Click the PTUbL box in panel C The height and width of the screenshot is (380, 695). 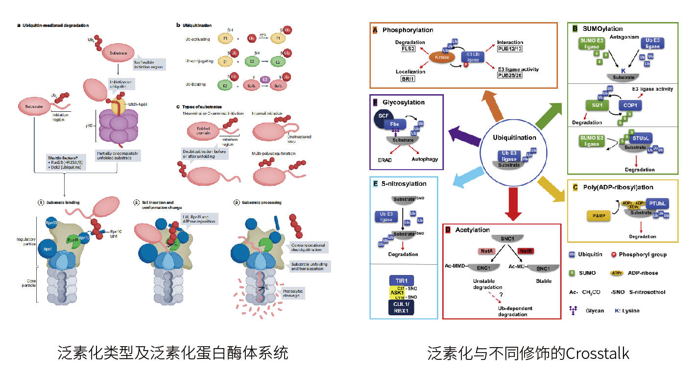pos(656,203)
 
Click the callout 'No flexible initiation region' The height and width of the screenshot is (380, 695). pos(149,63)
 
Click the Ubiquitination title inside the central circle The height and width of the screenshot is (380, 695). pos(515,138)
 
